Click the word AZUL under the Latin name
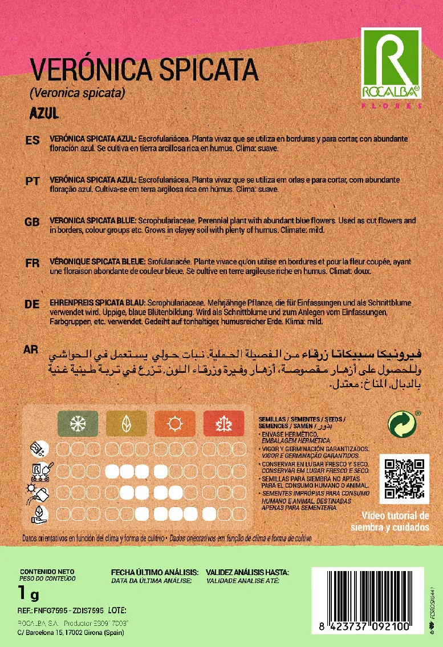(44, 113)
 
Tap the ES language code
(32, 140)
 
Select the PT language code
(32, 180)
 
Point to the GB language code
(32, 222)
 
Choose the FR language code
(32, 263)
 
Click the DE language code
(32, 304)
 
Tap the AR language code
(31, 349)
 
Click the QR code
(404, 479)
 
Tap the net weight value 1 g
(29, 594)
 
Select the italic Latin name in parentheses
(77, 93)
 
